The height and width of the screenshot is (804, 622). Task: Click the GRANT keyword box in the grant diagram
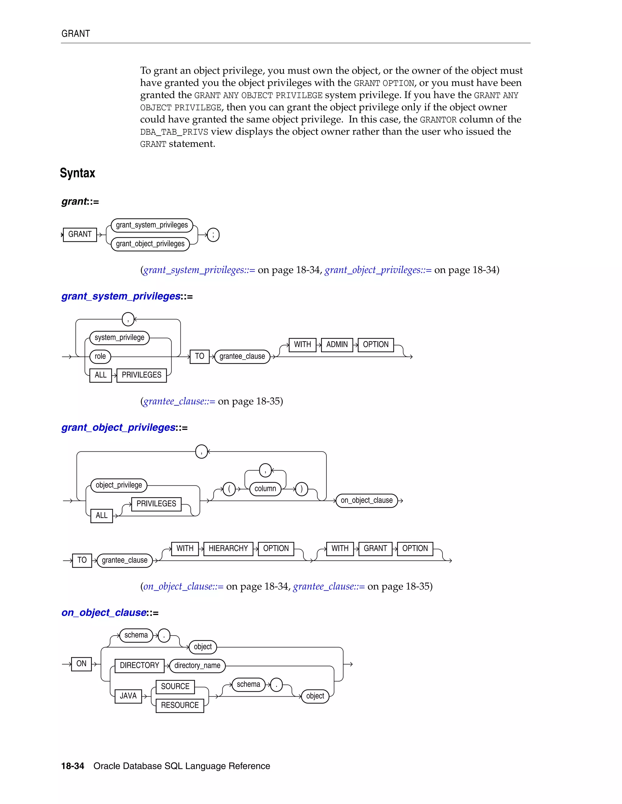coord(80,235)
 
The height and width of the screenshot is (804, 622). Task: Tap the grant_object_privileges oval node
coord(150,244)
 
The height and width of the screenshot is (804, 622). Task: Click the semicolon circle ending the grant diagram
coord(213,235)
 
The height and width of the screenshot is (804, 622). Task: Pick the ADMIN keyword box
coord(337,345)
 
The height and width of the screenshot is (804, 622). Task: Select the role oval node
coord(100,356)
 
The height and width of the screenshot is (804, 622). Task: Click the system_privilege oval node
coord(119,338)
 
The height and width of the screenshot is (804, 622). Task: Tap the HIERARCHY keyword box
coord(228,549)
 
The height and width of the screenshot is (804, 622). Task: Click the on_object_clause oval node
coord(367,500)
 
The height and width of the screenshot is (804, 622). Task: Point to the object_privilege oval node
coord(119,485)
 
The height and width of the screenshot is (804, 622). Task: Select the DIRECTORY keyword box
coord(139,666)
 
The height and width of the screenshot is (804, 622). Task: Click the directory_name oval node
coord(197,666)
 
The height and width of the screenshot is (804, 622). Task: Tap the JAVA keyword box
coord(128,696)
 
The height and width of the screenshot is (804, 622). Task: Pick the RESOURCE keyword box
coord(179,705)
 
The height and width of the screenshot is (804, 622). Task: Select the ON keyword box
coord(81,664)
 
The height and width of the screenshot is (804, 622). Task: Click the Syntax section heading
coord(77,173)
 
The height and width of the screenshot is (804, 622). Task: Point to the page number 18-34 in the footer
coord(73,766)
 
